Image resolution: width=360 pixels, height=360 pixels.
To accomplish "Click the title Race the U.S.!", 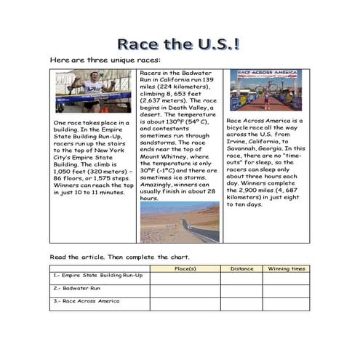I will [179, 45].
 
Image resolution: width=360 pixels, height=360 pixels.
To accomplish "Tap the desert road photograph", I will [179, 222].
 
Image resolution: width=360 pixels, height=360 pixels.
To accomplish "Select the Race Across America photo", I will [265, 90].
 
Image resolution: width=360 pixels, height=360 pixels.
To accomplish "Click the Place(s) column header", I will [185, 268].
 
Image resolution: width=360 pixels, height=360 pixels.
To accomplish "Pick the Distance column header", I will [241, 268].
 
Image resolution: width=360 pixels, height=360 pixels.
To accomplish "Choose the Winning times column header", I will [286, 268].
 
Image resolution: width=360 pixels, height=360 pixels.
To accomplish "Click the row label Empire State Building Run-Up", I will [98, 276].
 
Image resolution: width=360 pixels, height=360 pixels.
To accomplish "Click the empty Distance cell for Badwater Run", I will [241, 289].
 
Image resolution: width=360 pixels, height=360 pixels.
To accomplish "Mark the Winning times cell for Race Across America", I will [286, 303].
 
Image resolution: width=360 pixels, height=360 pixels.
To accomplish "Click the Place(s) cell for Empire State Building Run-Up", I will [185, 276].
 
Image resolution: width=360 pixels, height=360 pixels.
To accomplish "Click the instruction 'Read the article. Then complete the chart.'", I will [119, 257].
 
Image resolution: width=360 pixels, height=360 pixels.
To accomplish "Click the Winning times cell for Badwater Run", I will [286, 289].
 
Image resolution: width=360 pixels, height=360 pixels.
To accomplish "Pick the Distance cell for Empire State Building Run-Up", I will [241, 276].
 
